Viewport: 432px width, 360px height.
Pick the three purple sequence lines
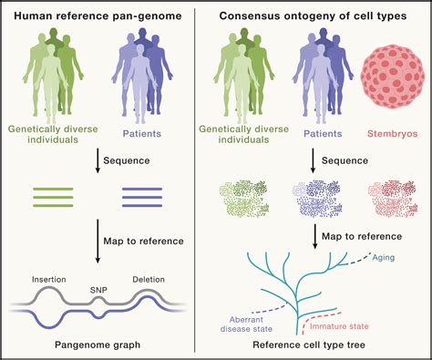141,197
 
